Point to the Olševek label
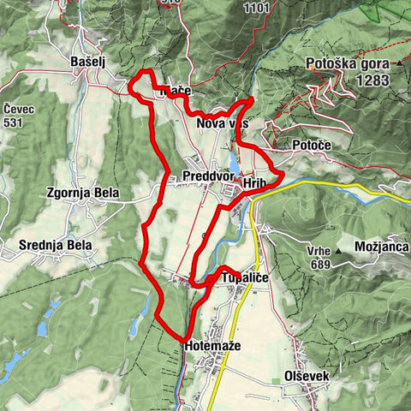coord(305,377)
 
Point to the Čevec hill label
coord(19,110)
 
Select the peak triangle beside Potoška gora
coord(399,64)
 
